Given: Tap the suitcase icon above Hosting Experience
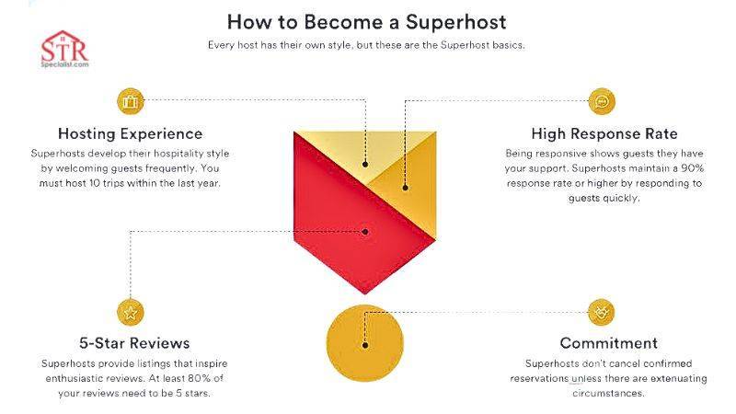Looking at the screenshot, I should click(130, 100).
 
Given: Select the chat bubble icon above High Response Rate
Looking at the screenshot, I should click(602, 100).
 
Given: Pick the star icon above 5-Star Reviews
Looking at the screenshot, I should click(130, 312).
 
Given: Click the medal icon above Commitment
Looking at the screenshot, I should click(602, 312).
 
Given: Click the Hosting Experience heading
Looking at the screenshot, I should click(130, 133).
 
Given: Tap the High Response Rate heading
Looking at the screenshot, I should click(602, 133).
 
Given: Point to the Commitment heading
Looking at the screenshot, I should click(602, 344).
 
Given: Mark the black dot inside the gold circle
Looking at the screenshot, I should click(365, 346).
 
